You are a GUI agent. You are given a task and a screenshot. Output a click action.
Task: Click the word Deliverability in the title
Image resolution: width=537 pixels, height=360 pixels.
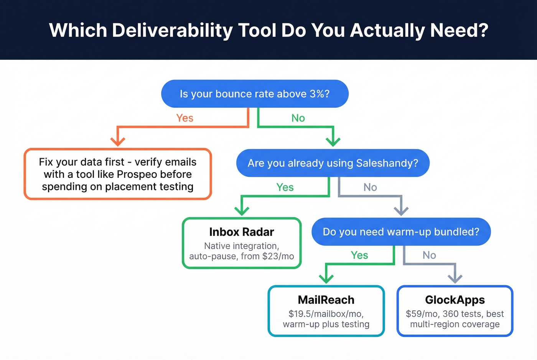[172, 30]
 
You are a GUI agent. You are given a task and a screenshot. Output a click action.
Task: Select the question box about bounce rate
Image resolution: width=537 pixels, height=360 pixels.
[255, 94]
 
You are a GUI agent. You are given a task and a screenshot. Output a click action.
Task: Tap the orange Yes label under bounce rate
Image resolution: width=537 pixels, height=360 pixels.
[184, 118]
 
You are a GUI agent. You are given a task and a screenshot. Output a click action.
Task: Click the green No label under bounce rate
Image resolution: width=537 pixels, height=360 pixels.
[298, 118]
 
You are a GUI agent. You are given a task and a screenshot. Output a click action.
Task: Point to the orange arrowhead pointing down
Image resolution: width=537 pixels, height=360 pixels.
[118, 141]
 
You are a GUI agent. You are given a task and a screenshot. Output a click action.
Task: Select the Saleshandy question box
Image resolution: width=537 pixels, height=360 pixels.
[333, 163]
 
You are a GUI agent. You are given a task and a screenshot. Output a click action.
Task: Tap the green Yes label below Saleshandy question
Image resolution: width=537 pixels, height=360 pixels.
[285, 187]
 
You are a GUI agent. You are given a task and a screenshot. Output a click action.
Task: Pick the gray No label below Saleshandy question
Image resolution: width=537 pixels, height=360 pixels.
[370, 187]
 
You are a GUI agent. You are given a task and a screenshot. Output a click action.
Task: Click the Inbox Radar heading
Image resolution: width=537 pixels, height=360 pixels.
[242, 232]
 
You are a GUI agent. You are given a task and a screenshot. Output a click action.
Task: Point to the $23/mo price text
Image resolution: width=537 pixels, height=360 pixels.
[278, 256]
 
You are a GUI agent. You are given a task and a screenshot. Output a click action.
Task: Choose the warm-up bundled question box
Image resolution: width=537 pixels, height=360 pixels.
[401, 232]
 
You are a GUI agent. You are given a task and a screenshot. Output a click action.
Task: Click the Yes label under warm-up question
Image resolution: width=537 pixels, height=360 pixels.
[359, 255]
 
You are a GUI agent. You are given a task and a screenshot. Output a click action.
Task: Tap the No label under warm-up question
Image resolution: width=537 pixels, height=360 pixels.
[429, 255]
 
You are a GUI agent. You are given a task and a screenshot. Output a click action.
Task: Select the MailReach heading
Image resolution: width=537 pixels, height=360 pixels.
[326, 300]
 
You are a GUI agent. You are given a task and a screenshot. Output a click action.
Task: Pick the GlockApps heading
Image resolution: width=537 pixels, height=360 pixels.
[455, 300]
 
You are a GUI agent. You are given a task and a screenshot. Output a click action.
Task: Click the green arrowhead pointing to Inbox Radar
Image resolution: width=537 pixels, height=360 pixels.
[242, 210]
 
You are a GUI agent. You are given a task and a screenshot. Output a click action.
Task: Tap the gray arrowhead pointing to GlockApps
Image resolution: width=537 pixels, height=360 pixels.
[455, 278]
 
